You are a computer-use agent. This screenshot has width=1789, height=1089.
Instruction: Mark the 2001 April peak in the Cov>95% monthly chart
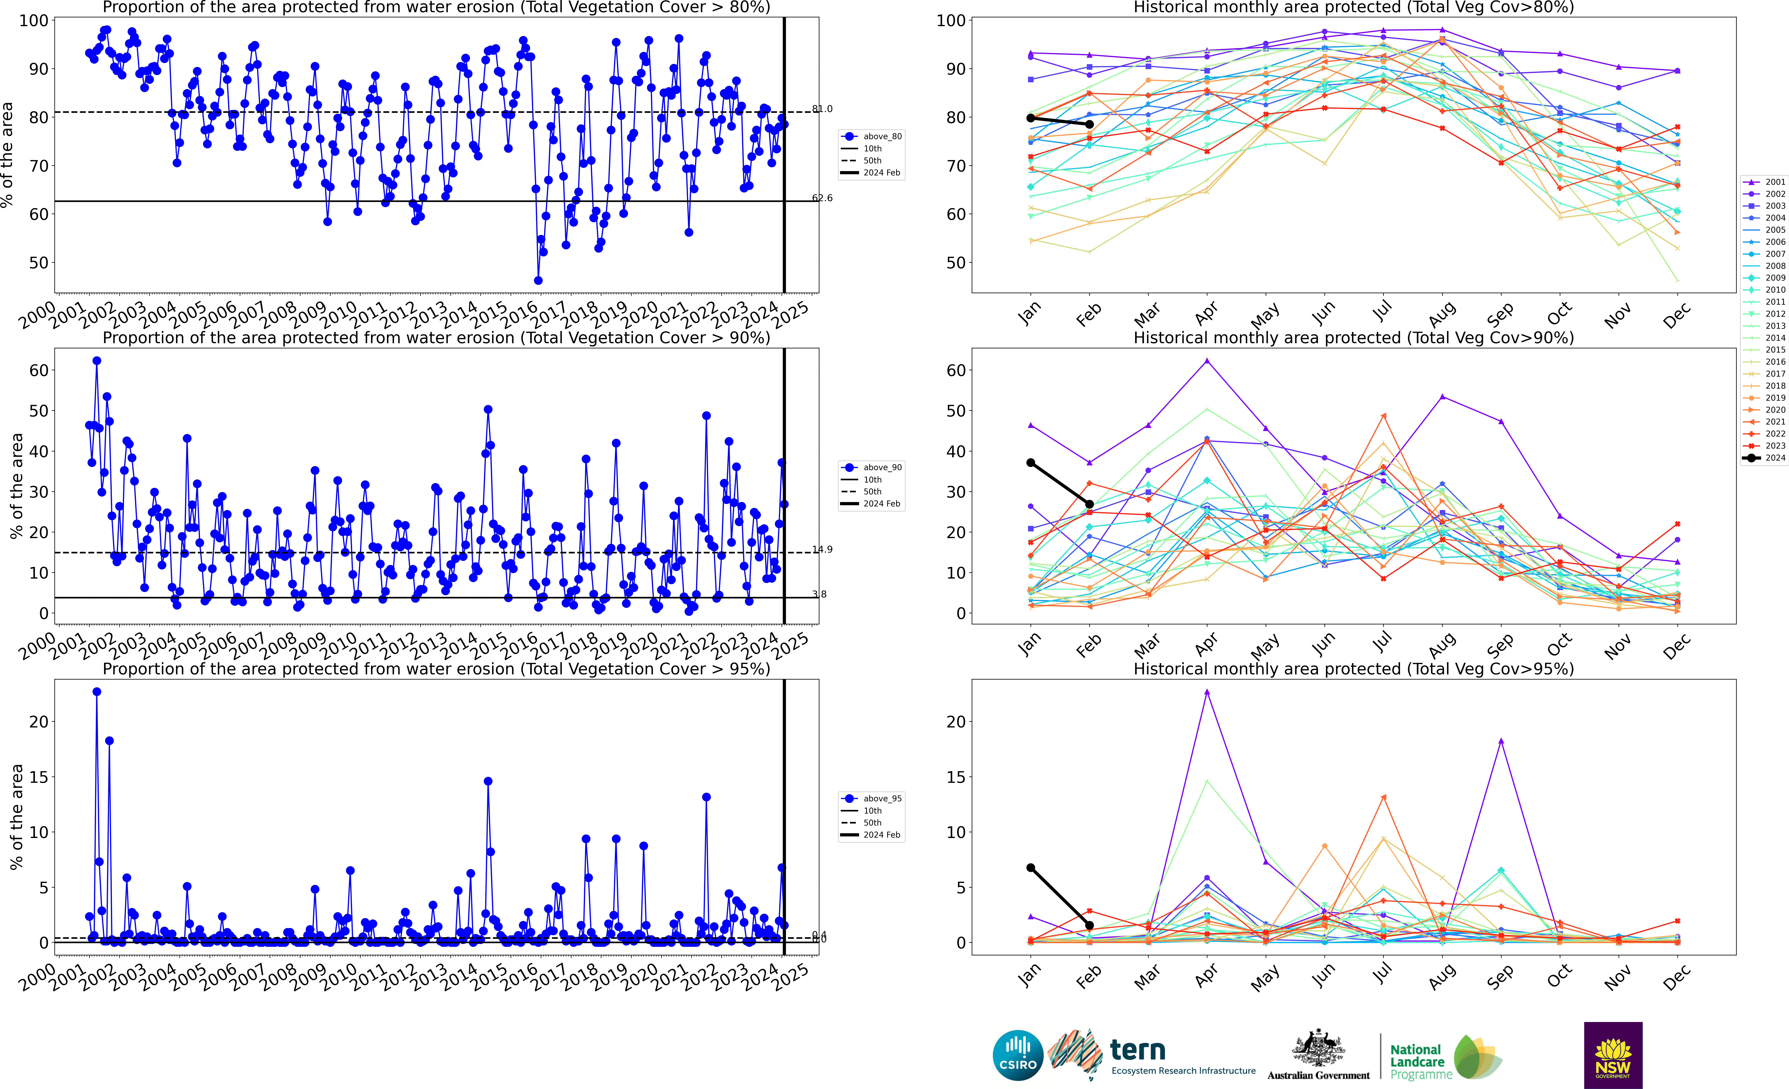click(x=1207, y=692)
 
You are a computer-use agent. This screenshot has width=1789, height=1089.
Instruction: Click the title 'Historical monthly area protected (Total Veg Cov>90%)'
click(x=1353, y=338)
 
